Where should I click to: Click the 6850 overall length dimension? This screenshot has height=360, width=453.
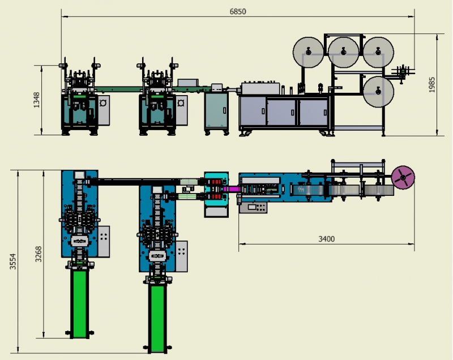238,11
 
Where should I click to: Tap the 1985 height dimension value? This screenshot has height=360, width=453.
432,84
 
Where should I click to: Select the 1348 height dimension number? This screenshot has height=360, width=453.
37,100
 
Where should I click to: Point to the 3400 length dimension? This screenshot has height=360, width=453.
327,239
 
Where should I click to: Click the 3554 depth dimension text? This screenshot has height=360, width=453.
12,262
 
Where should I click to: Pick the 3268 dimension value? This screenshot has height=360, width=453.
39,254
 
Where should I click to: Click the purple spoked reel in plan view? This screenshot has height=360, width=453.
403,177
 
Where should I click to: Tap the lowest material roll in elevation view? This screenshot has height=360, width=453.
378,92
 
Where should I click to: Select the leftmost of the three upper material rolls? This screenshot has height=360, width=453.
308,52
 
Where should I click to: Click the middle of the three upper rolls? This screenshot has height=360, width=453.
344,52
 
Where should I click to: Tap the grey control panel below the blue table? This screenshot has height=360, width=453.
253,207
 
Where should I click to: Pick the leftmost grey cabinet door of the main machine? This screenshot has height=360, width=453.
253,111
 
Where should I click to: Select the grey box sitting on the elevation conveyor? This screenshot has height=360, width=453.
188,83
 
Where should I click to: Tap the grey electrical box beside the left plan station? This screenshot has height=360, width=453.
104,241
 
